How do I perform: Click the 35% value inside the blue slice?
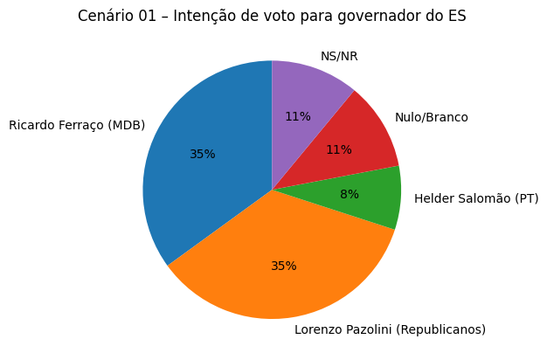[203, 155]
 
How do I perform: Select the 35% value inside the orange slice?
[284, 267]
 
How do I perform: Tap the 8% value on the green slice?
[350, 195]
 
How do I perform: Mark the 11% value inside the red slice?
[339, 150]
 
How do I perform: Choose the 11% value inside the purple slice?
[298, 117]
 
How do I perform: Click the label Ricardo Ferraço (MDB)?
[77, 125]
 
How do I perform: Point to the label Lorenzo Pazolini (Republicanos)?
[390, 329]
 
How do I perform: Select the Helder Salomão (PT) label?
[476, 199]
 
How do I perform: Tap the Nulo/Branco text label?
[431, 117]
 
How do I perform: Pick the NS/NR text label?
[339, 57]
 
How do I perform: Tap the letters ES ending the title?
[458, 16]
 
